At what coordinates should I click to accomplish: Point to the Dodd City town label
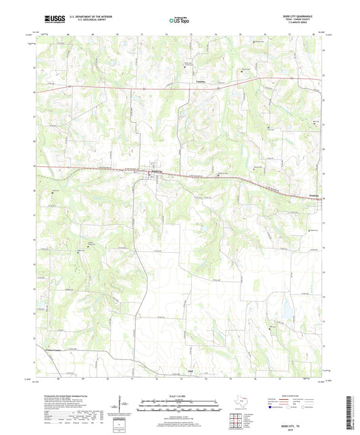(156, 172)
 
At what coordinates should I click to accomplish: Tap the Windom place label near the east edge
(315, 196)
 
